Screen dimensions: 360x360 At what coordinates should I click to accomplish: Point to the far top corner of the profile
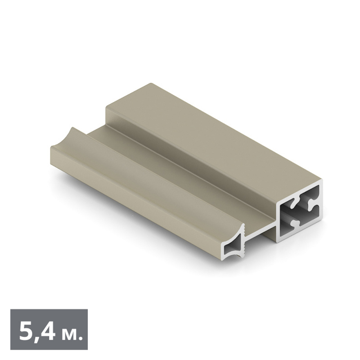pyautogui.click(x=150, y=84)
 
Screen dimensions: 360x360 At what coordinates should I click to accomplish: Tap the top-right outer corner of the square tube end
pyautogui.click(x=321, y=180)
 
